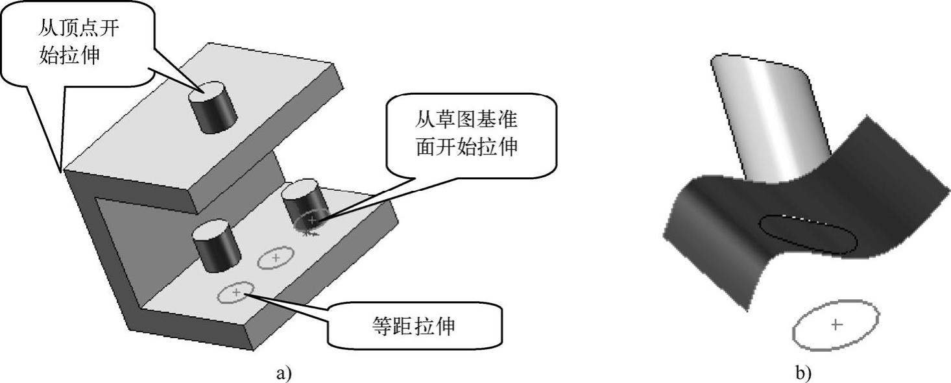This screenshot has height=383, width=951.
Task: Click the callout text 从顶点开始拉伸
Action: [x=78, y=42]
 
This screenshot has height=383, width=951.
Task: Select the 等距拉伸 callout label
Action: [x=415, y=325]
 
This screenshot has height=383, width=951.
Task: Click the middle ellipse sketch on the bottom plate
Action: [x=276, y=259]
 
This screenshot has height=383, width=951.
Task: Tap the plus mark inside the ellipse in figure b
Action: [x=836, y=324]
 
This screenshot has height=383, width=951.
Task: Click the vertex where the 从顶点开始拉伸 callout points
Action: [x=62, y=172]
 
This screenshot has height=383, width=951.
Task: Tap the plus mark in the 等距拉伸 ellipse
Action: [x=236, y=293]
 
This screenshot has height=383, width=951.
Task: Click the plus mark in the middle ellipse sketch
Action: [x=276, y=258]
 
